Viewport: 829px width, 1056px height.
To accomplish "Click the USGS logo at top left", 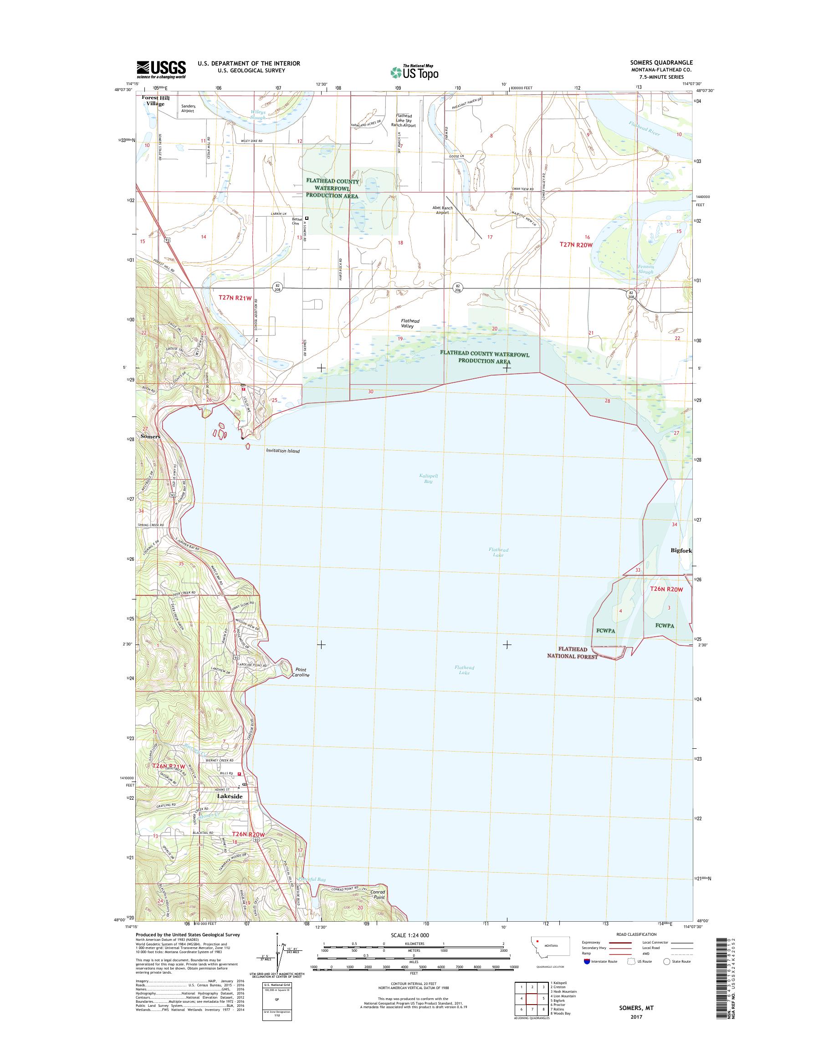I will (161, 70).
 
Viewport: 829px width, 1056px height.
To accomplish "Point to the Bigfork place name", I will (681, 551).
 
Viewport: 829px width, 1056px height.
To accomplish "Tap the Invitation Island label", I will (282, 451).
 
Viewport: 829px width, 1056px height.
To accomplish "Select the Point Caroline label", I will (302, 672).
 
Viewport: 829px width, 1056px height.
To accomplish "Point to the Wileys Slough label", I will (258, 115).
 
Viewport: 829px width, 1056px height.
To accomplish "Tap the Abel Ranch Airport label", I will (442, 210).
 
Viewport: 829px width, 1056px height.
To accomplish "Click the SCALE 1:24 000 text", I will (409, 935).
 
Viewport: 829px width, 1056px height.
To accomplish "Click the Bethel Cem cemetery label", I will (296, 221).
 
